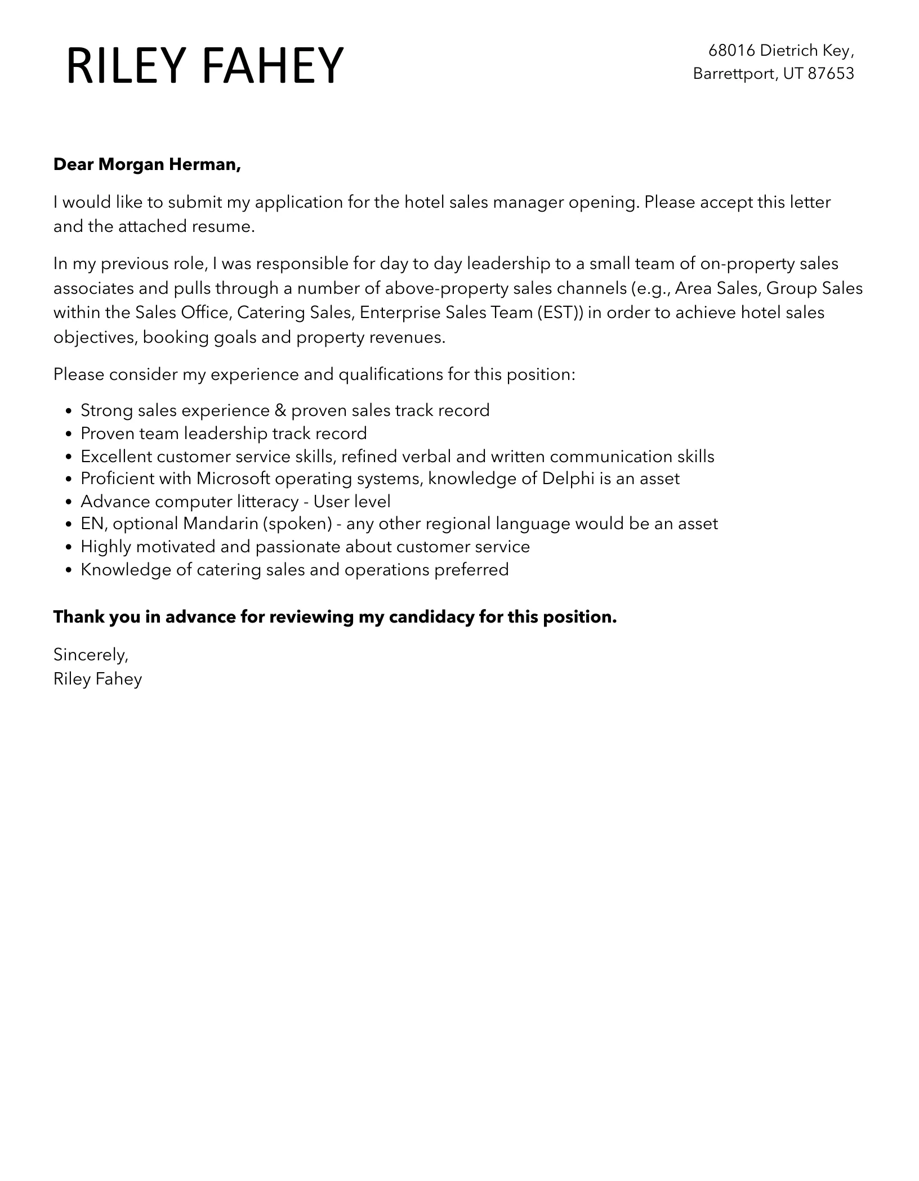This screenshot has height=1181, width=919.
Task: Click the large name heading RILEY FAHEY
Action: pos(204,66)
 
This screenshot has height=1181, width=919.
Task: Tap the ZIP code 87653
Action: pos(831,74)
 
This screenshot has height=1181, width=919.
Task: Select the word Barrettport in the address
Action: pos(733,74)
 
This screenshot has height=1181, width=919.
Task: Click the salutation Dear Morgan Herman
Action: pos(147,164)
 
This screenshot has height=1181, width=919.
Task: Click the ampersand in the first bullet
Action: pos(280,410)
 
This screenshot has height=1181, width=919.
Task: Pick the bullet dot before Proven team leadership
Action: pos(69,434)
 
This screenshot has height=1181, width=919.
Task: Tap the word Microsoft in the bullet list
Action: pos(233,478)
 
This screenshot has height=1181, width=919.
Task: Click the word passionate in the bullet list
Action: pos(298,547)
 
